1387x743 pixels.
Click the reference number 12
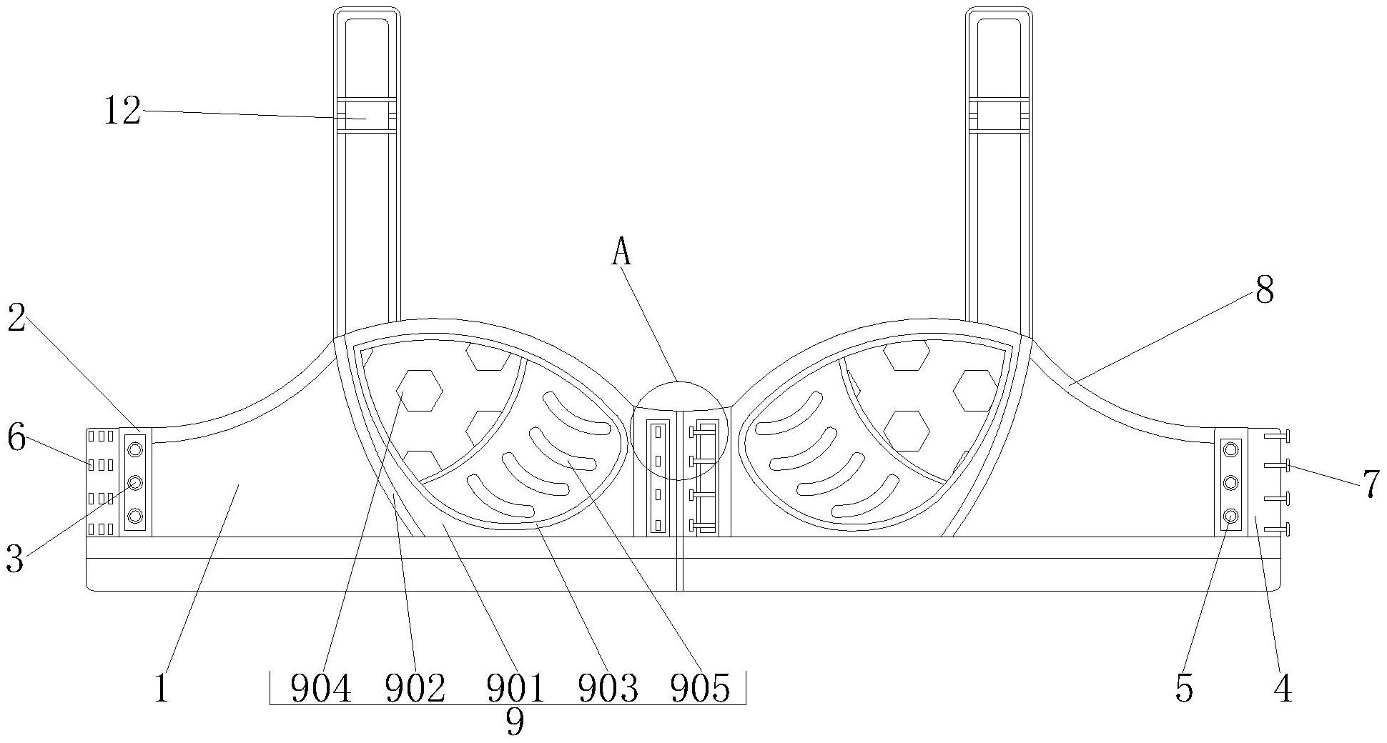[x=123, y=112]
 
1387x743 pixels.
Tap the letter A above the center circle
[x=621, y=252]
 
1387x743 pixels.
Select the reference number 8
[x=1264, y=291]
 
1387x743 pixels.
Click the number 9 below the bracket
[x=515, y=723]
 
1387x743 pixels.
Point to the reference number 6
[x=16, y=437]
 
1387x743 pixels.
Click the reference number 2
[x=16, y=319]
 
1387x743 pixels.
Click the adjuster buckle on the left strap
[x=366, y=115]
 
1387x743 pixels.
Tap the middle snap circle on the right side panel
[x=1230, y=483]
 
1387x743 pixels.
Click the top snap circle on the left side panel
[x=135, y=449]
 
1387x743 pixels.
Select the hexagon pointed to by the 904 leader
[x=420, y=390]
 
